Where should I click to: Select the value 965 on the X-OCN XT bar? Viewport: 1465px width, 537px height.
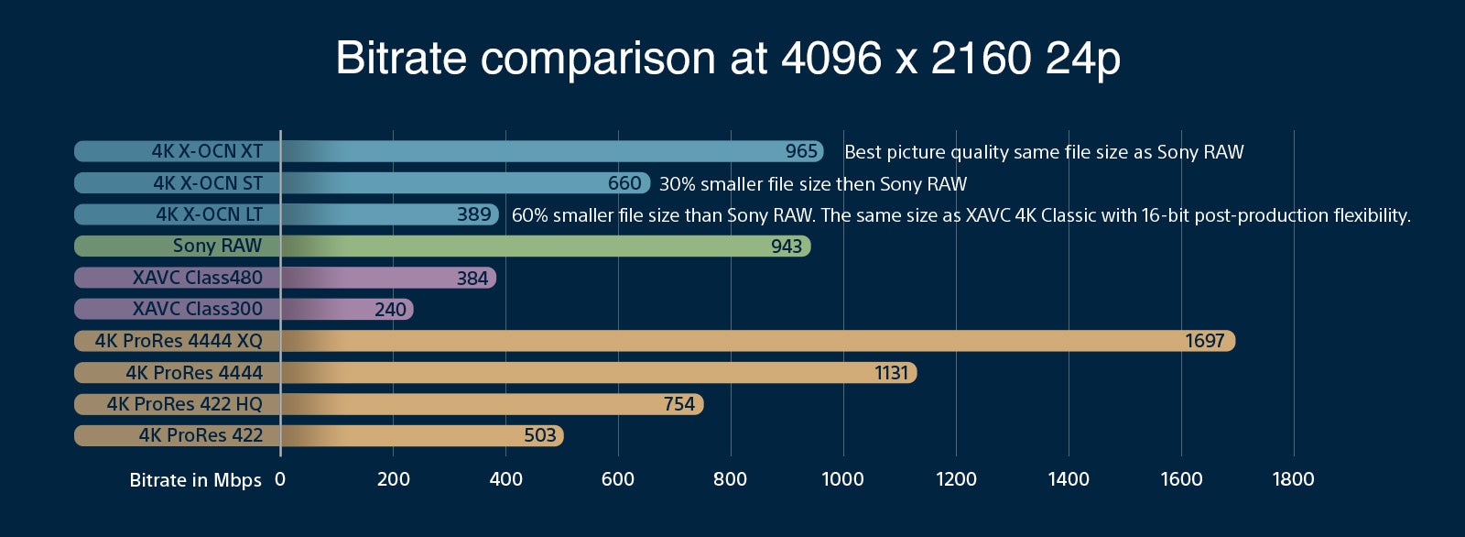(801, 151)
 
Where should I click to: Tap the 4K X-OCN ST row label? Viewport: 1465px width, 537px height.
(208, 182)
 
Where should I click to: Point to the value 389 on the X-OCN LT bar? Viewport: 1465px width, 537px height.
(473, 214)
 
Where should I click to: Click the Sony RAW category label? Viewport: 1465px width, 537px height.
(217, 246)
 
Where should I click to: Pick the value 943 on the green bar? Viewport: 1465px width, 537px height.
(787, 247)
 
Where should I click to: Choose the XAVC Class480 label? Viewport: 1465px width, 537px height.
(198, 277)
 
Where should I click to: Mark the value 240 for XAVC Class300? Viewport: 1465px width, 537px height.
(390, 309)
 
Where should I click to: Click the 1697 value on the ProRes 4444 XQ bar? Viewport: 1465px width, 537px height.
(1205, 341)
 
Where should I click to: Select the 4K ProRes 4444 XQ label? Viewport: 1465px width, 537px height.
(179, 341)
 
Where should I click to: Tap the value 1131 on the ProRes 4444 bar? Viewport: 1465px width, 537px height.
(892, 373)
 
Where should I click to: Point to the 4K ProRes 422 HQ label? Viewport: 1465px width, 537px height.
(184, 404)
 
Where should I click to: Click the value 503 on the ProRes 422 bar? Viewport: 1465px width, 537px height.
(539, 435)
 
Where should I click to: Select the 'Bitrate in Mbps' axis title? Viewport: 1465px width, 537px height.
(196, 480)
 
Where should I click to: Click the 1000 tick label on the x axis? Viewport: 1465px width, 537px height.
(842, 479)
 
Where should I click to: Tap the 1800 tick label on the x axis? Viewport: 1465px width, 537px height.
(1293, 479)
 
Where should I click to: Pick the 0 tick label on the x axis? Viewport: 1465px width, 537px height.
(280, 479)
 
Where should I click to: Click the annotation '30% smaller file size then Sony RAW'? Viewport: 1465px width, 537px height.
(813, 184)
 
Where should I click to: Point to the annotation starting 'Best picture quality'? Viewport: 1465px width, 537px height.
(1044, 152)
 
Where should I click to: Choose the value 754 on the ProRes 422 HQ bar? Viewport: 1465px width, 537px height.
(678, 404)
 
